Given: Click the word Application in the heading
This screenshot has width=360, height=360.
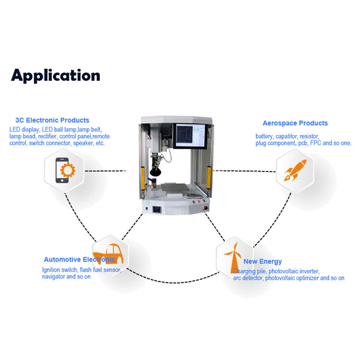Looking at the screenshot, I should (55, 75).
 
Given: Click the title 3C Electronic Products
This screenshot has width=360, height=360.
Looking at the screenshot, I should (52, 120).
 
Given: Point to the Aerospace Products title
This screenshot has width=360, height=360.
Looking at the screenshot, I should (295, 123).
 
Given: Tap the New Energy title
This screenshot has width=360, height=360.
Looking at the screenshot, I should (262, 261).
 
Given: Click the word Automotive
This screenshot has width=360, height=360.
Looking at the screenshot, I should (62, 259).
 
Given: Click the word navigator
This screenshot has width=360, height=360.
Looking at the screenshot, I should (53, 277).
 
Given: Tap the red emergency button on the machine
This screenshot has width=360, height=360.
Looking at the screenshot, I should (205, 208).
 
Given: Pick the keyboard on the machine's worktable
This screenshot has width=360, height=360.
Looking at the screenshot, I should (193, 196).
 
